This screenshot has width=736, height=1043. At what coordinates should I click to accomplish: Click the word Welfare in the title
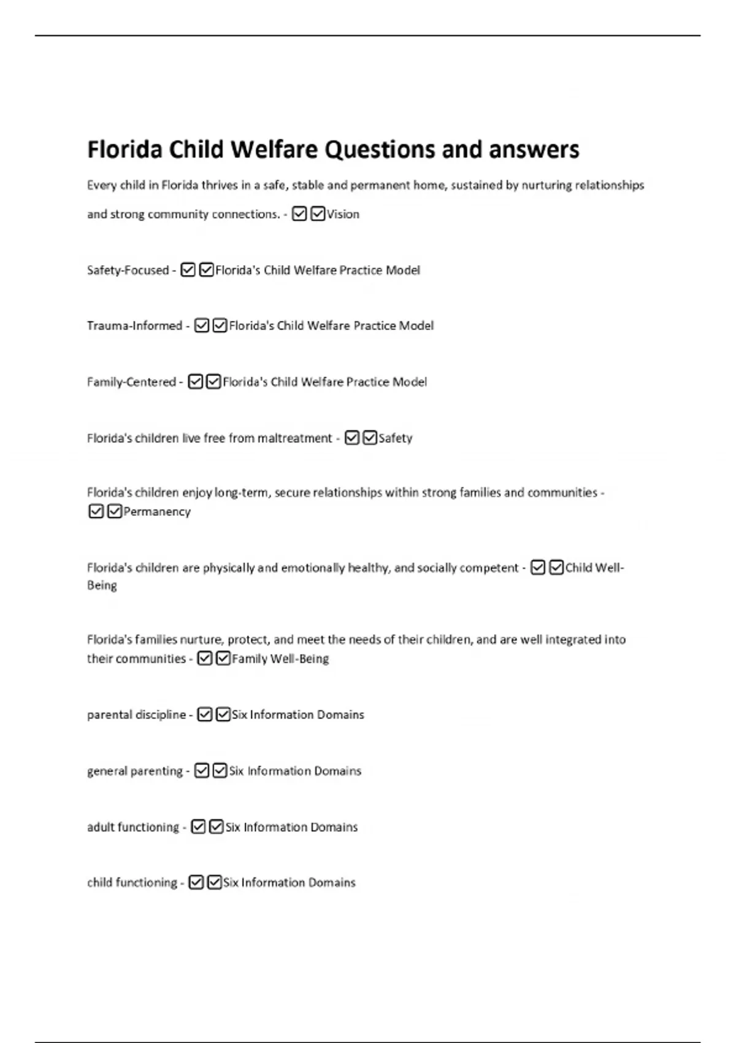tap(266, 150)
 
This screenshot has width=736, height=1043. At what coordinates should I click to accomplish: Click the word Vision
tap(343, 214)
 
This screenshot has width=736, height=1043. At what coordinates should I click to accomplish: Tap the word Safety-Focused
tap(128, 270)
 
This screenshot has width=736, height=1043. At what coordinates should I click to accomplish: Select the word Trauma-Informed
tap(134, 326)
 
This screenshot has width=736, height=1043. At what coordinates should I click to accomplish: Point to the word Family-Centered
tap(131, 382)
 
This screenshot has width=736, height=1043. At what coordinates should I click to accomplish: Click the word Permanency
tap(157, 512)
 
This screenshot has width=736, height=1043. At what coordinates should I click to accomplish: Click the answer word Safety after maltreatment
tap(396, 438)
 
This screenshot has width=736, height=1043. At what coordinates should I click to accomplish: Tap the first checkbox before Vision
tap(299, 214)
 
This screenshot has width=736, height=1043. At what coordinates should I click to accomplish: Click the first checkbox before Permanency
tap(96, 511)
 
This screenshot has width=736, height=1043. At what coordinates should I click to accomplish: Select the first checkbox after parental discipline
tap(205, 715)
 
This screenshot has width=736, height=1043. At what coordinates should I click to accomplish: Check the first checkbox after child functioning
tap(196, 882)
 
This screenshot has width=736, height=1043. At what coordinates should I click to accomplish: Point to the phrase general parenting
tap(135, 771)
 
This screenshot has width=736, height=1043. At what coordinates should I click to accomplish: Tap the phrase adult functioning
tap(133, 827)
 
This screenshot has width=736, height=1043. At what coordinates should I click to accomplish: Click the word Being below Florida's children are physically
tap(102, 585)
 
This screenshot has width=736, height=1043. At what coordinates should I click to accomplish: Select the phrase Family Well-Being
tap(280, 659)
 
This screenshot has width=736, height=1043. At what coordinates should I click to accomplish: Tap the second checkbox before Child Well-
tap(556, 568)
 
